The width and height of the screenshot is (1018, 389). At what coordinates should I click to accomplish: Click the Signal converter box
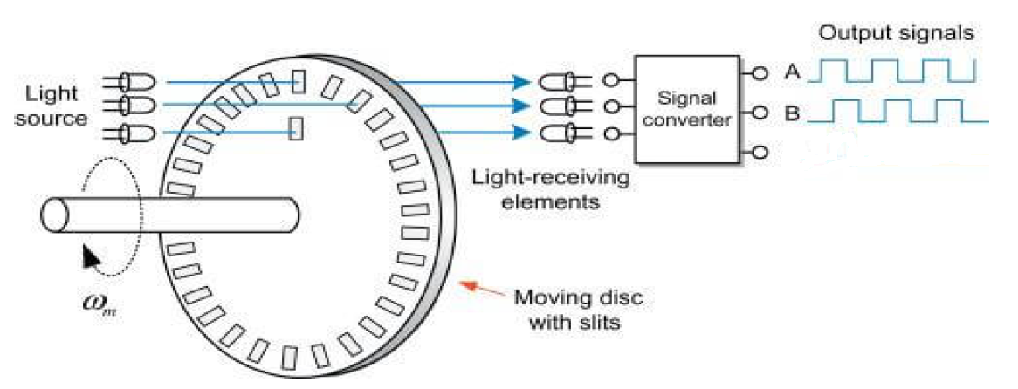pyautogui.click(x=687, y=109)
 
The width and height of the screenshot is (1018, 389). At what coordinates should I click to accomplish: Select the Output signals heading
pyautogui.click(x=897, y=34)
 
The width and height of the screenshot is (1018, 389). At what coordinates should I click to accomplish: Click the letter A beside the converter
pyautogui.click(x=791, y=72)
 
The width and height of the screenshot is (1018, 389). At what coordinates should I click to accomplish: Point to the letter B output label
pyautogui.click(x=791, y=115)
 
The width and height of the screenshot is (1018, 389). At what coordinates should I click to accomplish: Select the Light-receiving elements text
pyautogui.click(x=550, y=188)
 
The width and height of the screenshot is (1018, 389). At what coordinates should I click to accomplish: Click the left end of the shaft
pyautogui.click(x=54, y=214)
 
